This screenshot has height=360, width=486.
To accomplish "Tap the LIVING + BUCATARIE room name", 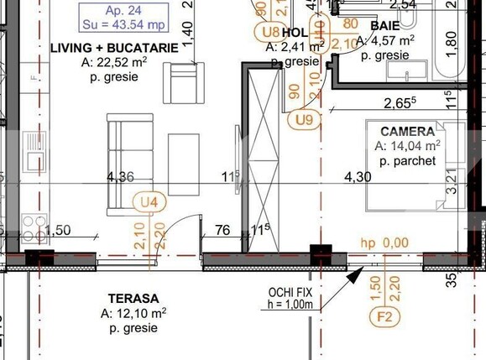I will (x=114, y=48).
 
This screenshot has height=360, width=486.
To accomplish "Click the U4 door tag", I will (x=149, y=201).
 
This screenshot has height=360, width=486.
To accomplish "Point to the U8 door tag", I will (x=269, y=32).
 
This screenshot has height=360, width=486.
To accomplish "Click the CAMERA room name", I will (x=407, y=132).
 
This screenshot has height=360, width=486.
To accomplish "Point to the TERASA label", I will (x=133, y=298).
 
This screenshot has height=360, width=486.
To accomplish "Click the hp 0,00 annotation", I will (x=384, y=243).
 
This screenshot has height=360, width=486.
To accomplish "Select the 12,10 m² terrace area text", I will (x=133, y=312).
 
